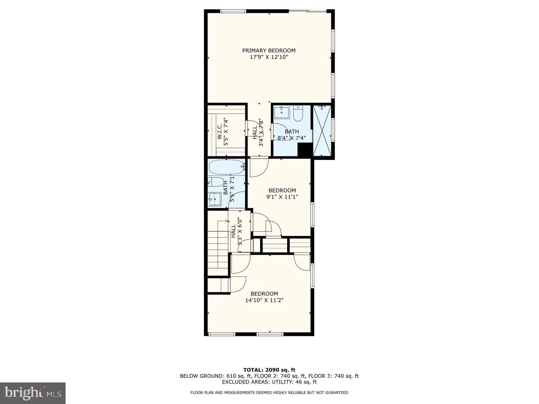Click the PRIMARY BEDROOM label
pyautogui.click(x=269, y=51)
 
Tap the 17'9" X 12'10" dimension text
pyautogui.click(x=269, y=57)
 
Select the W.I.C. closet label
pyautogui.click(x=219, y=132)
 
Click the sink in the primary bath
pyautogui.click(x=281, y=113)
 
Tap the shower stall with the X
pyautogui.click(x=322, y=131)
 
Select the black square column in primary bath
pyautogui.click(x=305, y=150)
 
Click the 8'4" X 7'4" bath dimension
pyautogui.click(x=291, y=138)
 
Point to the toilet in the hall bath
pyautogui.click(x=216, y=182)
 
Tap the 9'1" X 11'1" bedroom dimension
pyautogui.click(x=282, y=197)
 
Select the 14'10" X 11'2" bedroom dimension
pyautogui.click(x=264, y=300)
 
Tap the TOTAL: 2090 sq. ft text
pyautogui.click(x=269, y=370)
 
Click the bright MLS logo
pyautogui.click(x=33, y=393)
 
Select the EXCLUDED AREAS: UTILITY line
pyautogui.click(x=269, y=382)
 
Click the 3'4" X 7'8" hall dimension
pyautogui.click(x=261, y=133)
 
